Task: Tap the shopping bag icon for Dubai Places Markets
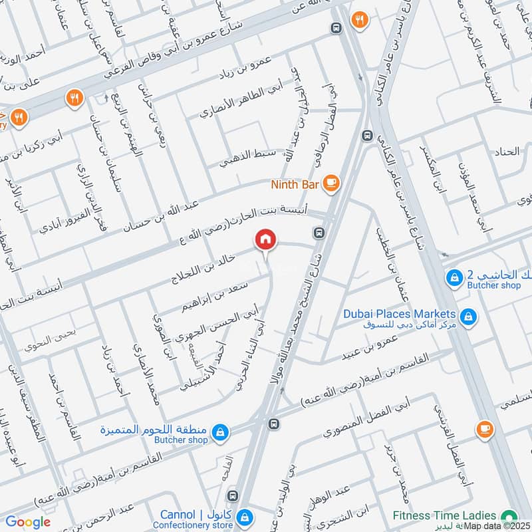point(468,316)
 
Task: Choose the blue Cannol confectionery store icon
point(246,517)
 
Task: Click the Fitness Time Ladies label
point(444,515)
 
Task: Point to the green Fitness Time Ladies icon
point(510,516)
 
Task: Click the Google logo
point(28,522)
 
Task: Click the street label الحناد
point(507,152)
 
